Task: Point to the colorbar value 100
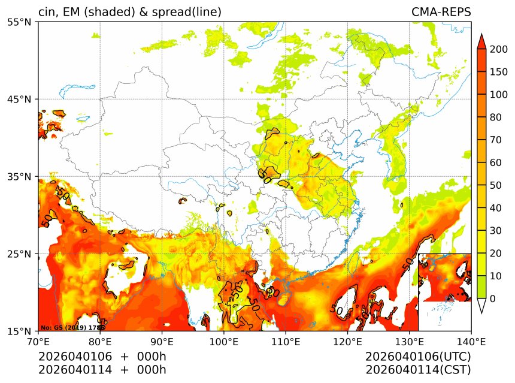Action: pyautogui.click(x=498, y=95)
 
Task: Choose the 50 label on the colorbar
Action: pyautogui.click(x=495, y=185)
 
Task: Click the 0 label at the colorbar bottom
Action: pyautogui.click(x=492, y=298)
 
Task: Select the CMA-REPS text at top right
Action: pyautogui.click(x=441, y=12)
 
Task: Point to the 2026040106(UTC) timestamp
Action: pyautogui.click(x=418, y=357)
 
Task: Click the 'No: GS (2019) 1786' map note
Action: pyautogui.click(x=72, y=328)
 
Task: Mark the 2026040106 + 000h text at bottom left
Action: pyautogui.click(x=102, y=357)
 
